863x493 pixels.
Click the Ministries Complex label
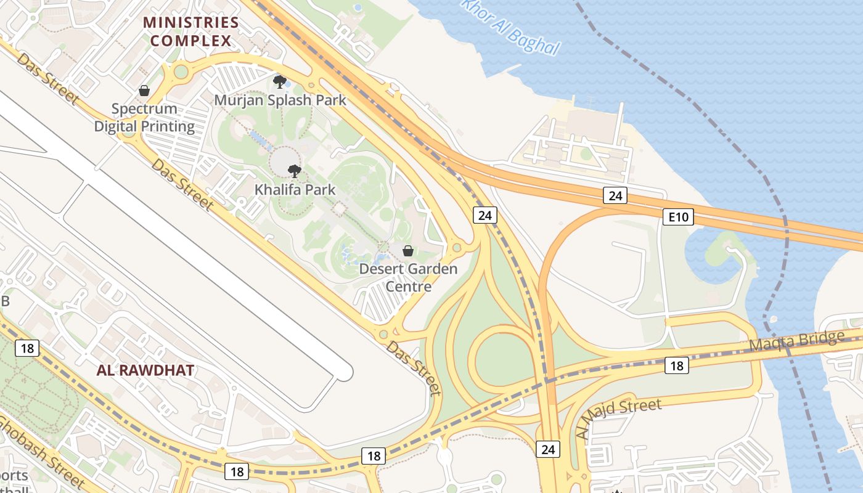(190, 32)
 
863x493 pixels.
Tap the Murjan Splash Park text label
(280, 100)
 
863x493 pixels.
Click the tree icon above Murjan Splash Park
(280, 81)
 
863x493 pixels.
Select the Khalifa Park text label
(295, 190)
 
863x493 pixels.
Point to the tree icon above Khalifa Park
(295, 171)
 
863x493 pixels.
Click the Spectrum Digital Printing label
(144, 118)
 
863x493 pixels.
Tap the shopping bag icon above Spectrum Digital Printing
(144, 91)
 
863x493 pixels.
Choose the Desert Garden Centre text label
(408, 278)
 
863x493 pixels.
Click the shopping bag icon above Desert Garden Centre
(407, 251)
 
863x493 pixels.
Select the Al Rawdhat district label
(145, 370)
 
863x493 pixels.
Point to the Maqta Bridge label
(796, 341)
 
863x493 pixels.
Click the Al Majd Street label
(618, 418)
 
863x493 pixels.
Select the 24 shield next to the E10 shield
(615, 196)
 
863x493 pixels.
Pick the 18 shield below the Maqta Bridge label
(676, 366)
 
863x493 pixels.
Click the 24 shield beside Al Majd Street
(548, 449)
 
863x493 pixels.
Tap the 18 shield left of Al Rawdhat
(27, 348)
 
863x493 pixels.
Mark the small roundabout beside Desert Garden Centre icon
(457, 248)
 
